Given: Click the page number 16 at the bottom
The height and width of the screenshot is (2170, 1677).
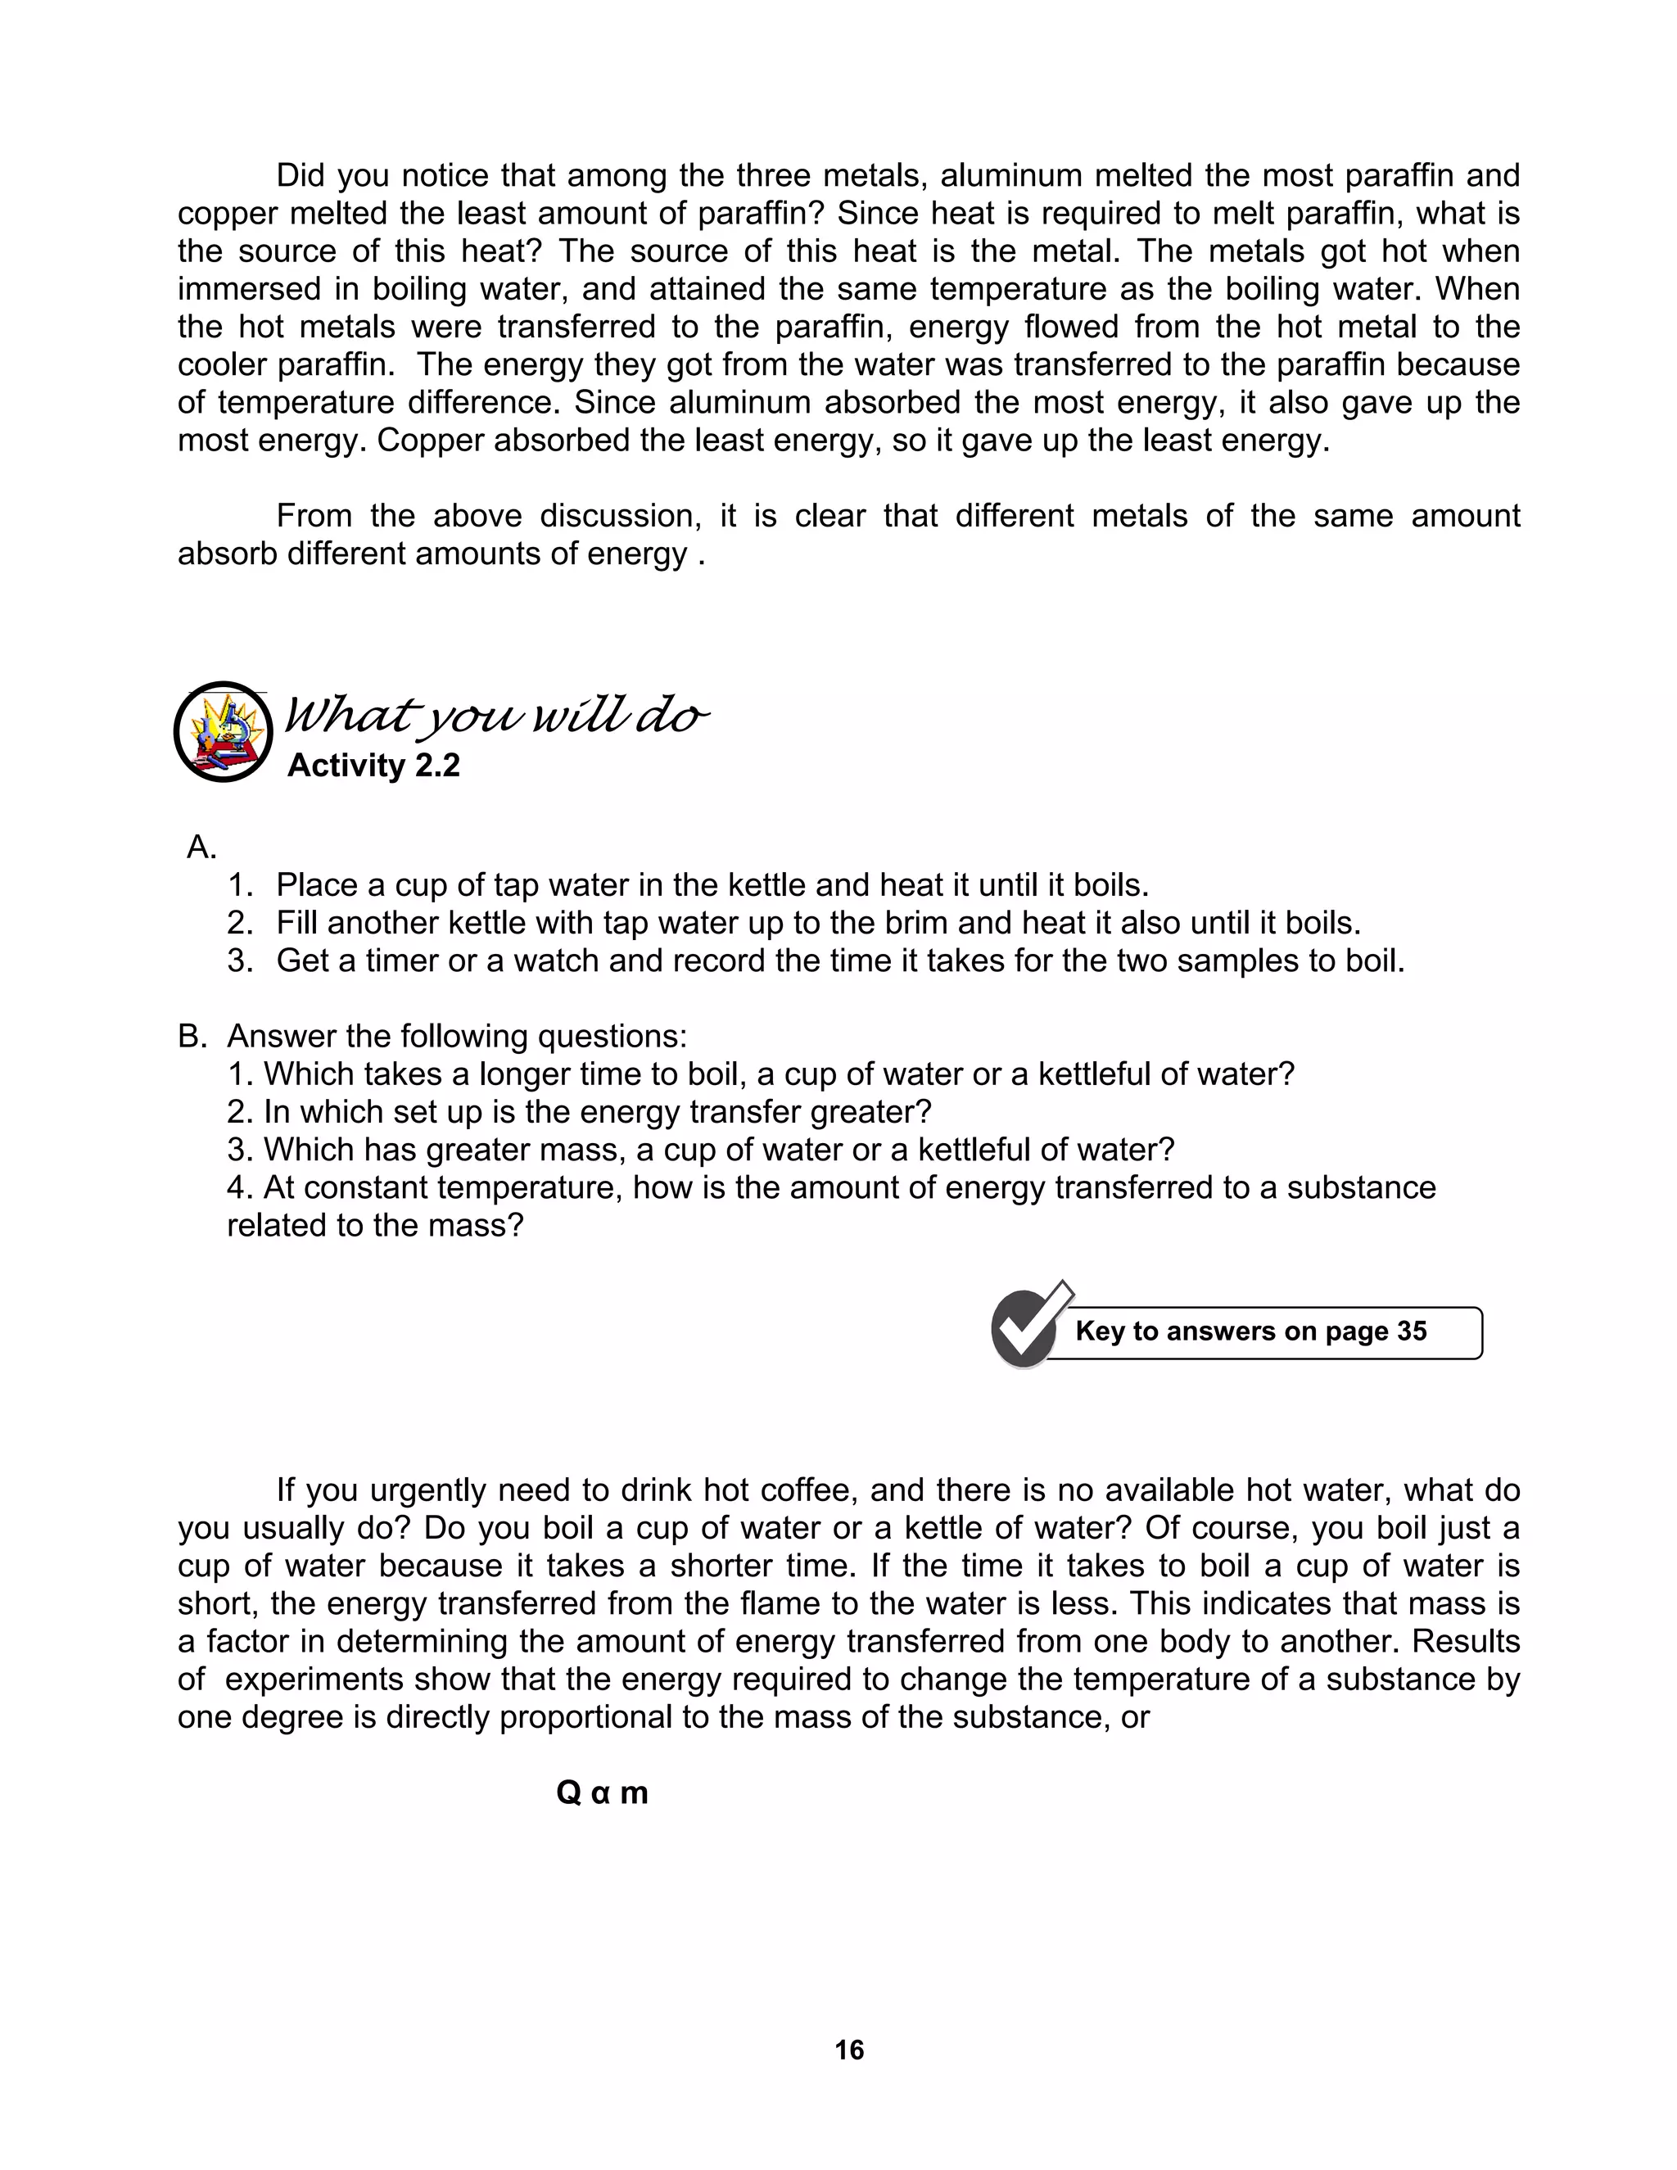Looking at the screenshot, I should tap(848, 2049).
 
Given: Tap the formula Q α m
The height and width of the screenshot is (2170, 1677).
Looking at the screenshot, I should tap(602, 1793).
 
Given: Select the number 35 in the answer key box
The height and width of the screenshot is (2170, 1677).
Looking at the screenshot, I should tap(1411, 1331).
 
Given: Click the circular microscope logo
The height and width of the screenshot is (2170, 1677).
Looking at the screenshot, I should tap(223, 732).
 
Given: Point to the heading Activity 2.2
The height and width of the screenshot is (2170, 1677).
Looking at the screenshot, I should tap(373, 766).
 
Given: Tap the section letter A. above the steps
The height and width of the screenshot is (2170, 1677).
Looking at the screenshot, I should tap(201, 848).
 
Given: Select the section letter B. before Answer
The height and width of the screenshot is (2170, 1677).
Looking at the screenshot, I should tap(192, 1037).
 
